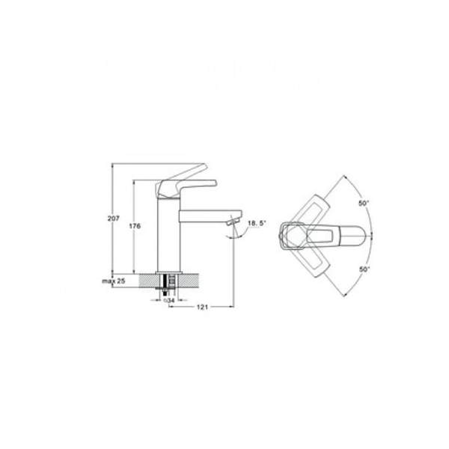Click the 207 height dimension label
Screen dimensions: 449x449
pyautogui.click(x=114, y=219)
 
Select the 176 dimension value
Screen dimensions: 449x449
pyautogui.click(x=135, y=226)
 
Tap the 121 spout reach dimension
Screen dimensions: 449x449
pyautogui.click(x=202, y=307)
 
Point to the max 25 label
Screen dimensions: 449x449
pyautogui.click(x=114, y=281)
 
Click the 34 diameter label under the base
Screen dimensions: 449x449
pyautogui.click(x=169, y=300)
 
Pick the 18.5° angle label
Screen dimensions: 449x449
pyautogui.click(x=257, y=223)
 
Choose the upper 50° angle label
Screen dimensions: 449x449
pyautogui.click(x=364, y=204)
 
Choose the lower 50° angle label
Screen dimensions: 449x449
pyautogui.click(x=364, y=269)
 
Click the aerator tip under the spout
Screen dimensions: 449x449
pyautogui.click(x=233, y=222)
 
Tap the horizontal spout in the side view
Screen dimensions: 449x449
pyautogui.click(x=210, y=216)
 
